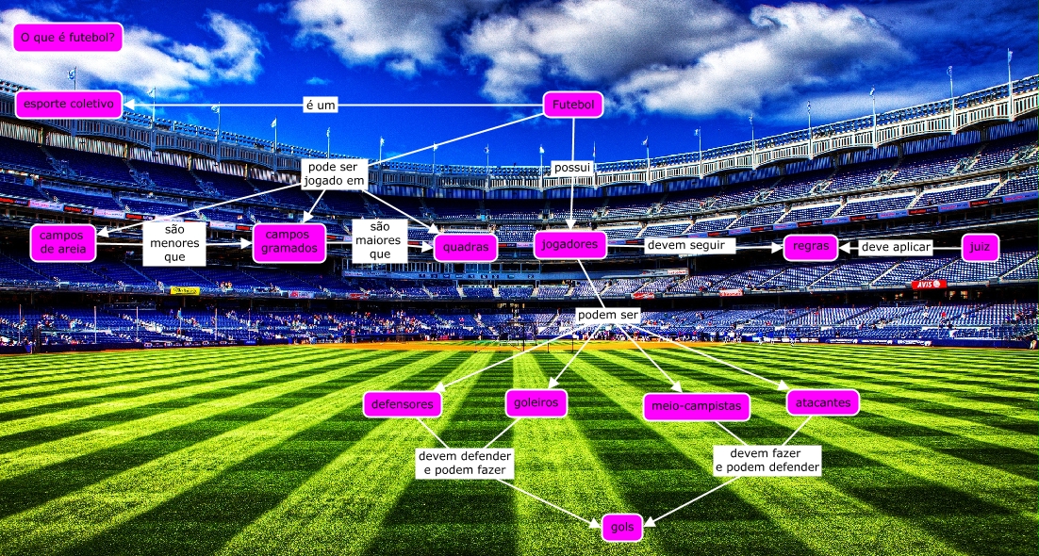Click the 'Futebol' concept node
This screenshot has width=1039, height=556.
point(573,105)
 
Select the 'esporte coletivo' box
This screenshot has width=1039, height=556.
point(68,104)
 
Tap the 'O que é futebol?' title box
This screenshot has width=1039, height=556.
point(68,38)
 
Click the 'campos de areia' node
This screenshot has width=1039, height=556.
point(63,242)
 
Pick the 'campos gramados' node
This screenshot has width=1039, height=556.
point(289,242)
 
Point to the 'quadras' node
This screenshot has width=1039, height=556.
point(466,247)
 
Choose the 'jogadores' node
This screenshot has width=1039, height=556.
point(569,245)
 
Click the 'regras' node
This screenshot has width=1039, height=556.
point(811,248)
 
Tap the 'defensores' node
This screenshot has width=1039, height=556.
point(403,404)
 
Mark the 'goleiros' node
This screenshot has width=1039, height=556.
point(536,403)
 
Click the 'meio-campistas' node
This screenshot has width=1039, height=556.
point(697,407)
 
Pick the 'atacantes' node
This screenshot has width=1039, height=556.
point(822,402)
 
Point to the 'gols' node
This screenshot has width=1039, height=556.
point(622,528)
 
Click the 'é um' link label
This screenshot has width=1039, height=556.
point(321,106)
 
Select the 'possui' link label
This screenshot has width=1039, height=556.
point(572,169)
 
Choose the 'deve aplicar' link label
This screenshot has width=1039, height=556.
point(896,248)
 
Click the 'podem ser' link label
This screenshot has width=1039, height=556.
point(608,315)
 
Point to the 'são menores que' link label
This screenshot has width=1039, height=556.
point(174,243)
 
